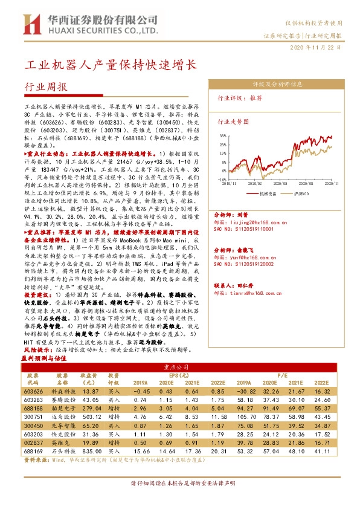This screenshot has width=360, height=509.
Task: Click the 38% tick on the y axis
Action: tap(223, 137)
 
